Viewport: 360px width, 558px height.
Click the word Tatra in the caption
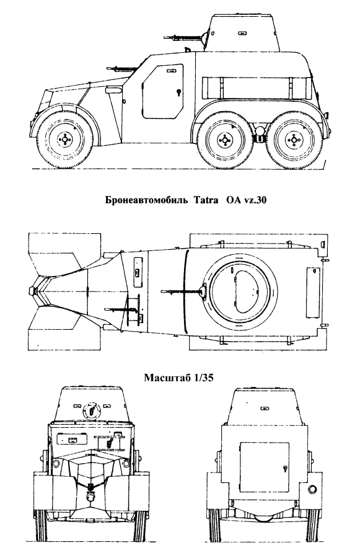click(x=206, y=200)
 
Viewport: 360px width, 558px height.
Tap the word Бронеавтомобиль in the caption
click(x=146, y=200)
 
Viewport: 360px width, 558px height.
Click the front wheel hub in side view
click(x=64, y=139)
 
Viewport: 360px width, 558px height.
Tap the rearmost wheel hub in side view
click(x=294, y=139)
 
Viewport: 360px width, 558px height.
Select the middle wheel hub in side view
click(x=224, y=139)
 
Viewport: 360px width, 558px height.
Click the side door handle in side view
click(x=178, y=92)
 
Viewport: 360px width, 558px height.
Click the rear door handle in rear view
click(x=284, y=469)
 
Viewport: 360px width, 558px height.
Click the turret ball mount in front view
click(x=91, y=411)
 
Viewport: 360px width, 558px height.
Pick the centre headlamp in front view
click(x=90, y=495)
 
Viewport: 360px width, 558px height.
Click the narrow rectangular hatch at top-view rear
click(x=313, y=292)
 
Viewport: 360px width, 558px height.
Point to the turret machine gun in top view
click(x=184, y=291)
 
